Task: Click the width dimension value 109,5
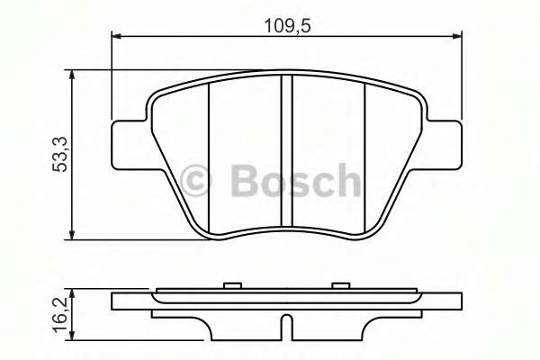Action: tap(286, 24)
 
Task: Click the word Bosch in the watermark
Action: tap(294, 182)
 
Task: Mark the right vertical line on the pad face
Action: tap(364, 153)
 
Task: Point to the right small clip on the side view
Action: tap(340, 286)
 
